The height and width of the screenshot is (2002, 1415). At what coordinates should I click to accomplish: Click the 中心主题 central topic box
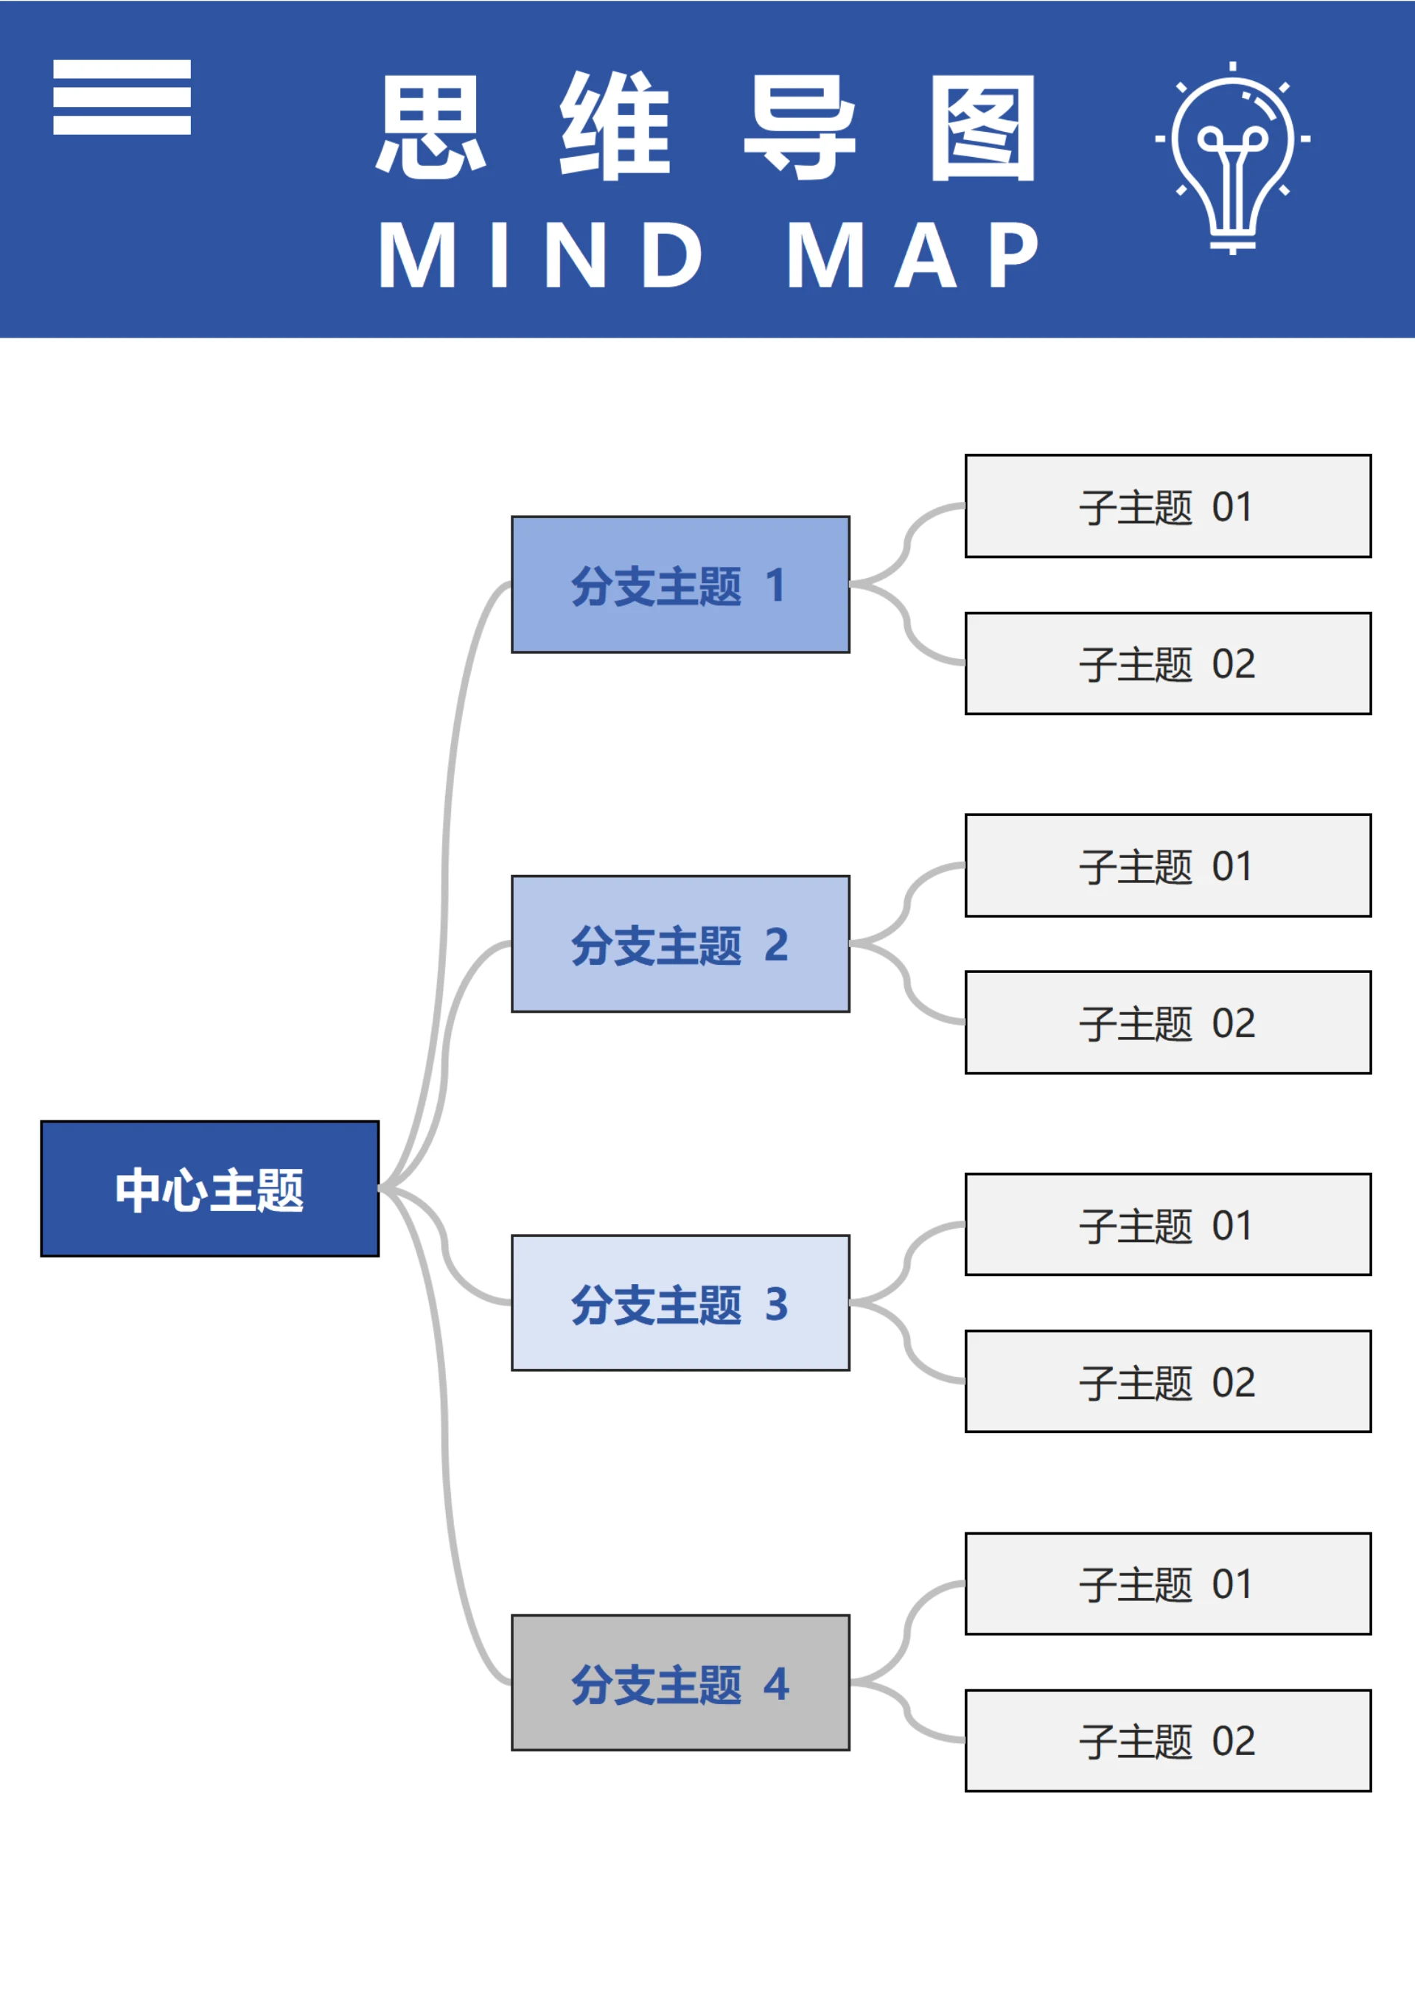tap(209, 1188)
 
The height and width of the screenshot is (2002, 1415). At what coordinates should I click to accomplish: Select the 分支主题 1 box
tap(680, 585)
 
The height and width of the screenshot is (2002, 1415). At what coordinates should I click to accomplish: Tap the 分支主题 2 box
tap(680, 944)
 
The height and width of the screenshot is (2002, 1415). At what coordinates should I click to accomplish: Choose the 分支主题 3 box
tap(680, 1302)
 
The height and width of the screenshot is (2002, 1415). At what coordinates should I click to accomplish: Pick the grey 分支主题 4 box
tap(680, 1682)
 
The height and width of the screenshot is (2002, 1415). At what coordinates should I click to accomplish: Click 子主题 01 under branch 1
tap(1167, 506)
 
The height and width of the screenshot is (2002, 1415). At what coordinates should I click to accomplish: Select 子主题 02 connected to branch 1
tap(1167, 663)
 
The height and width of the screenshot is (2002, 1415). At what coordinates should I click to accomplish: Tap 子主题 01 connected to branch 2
tap(1167, 865)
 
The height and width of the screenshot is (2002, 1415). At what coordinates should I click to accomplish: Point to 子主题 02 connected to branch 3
tap(1167, 1381)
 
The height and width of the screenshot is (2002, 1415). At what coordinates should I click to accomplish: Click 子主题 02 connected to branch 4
tap(1167, 1740)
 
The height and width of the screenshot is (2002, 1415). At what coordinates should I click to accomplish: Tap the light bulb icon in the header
tap(1232, 157)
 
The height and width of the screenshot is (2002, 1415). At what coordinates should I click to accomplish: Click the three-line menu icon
tap(122, 97)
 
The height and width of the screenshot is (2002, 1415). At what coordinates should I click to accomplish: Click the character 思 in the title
tap(430, 128)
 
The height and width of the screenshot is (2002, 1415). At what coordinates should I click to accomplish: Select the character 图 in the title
tap(982, 128)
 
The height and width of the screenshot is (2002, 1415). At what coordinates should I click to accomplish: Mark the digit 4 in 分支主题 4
tap(776, 1684)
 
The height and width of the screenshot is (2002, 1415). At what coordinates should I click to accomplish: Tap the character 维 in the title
tap(615, 128)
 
